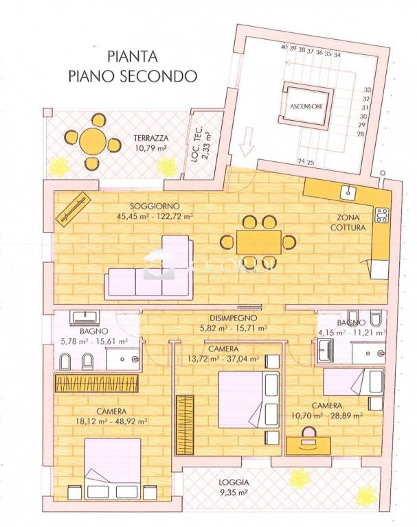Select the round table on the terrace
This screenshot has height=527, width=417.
tap(91, 143)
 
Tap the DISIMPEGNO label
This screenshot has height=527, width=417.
tap(234, 318)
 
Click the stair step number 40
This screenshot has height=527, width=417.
tap(284, 48)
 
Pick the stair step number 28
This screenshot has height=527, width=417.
tap(360, 134)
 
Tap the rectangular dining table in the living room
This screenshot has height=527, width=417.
tap(259, 242)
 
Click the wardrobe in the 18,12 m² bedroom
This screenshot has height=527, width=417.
tap(100, 383)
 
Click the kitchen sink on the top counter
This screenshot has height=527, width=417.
tap(348, 192)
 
